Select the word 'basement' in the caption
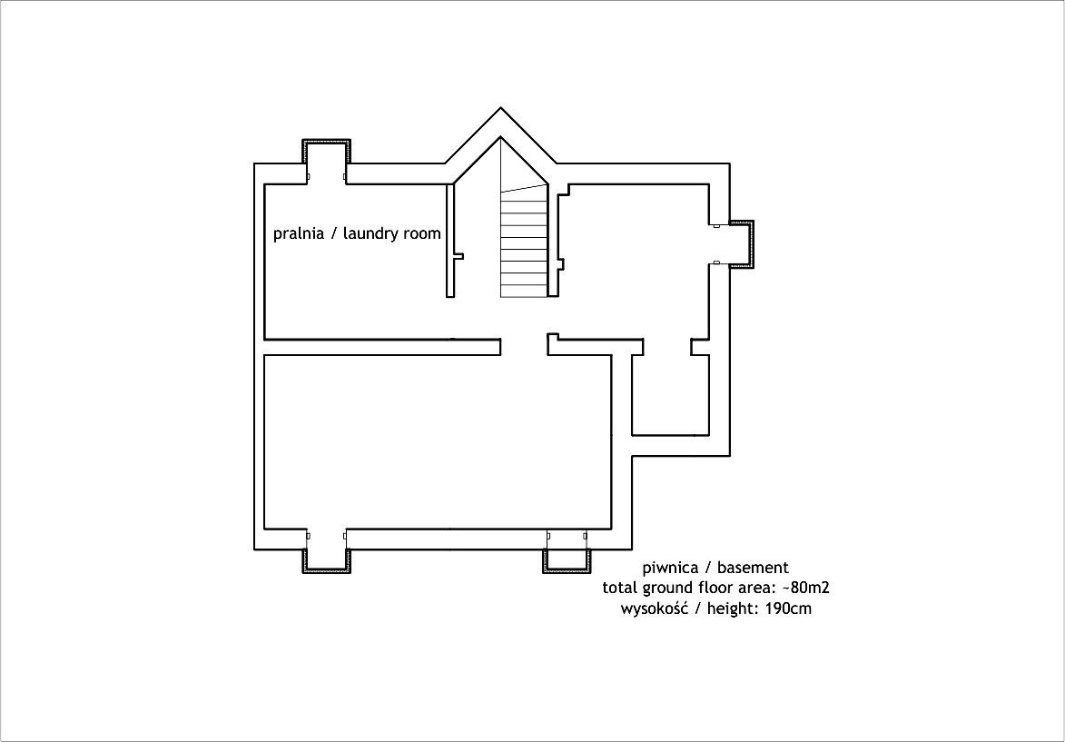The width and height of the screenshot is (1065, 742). [754, 568]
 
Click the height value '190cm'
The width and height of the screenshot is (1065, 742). [789, 608]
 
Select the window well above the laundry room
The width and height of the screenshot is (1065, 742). [327, 152]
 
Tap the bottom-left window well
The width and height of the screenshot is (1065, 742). [327, 561]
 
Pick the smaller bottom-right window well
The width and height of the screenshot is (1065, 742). [567, 561]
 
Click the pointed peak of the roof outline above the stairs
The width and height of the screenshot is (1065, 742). [500, 107]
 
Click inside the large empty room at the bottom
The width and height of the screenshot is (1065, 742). [438, 441]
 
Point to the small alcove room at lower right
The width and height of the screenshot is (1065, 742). [670, 394]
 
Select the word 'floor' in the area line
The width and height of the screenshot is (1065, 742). [697, 588]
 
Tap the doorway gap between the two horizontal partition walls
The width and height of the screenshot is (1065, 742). [525, 347]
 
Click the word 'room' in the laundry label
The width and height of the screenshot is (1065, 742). [425, 234]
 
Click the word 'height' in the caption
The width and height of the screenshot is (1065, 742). [729, 608]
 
